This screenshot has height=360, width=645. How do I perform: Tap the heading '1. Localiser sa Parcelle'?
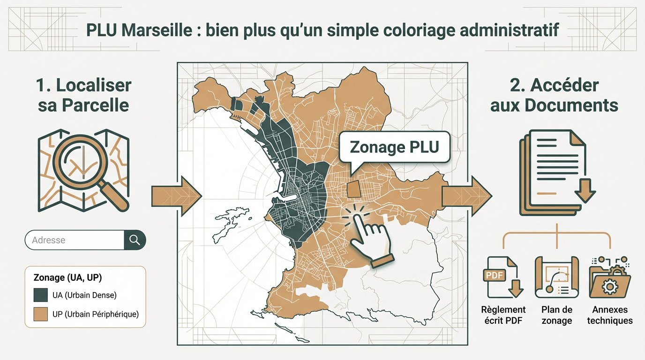click(x=83, y=95)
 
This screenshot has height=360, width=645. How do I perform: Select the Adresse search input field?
click(x=75, y=240)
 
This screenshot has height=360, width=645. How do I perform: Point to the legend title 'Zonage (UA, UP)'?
click(x=67, y=277)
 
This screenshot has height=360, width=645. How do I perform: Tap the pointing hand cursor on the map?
click(x=368, y=234)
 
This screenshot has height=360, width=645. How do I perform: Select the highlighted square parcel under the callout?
click(x=354, y=190)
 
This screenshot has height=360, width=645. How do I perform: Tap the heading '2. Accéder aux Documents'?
click(x=554, y=95)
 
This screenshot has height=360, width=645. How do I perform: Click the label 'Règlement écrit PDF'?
click(x=503, y=315)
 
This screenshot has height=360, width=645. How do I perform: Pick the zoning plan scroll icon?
click(x=556, y=277)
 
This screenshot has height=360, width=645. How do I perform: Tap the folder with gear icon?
click(x=610, y=277)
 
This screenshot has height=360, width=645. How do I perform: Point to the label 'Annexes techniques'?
click(x=610, y=315)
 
